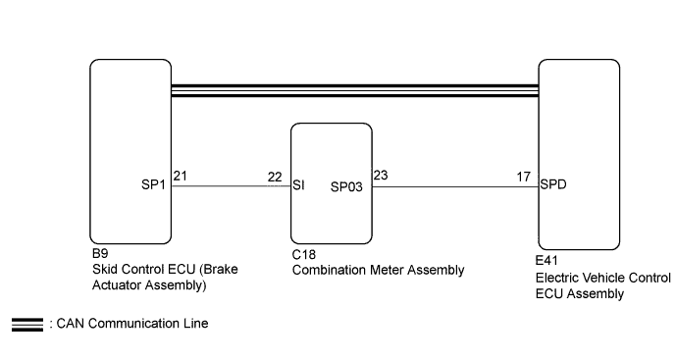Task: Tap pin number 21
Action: tap(180, 176)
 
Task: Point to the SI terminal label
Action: tap(299, 184)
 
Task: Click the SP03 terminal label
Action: tap(347, 184)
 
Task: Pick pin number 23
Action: tap(381, 176)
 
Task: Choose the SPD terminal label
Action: tap(553, 183)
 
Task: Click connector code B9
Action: tap(98, 252)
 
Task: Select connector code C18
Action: tap(303, 253)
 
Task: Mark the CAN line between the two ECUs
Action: tap(354, 90)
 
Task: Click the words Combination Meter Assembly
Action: tap(378, 270)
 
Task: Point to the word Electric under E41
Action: tap(560, 279)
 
